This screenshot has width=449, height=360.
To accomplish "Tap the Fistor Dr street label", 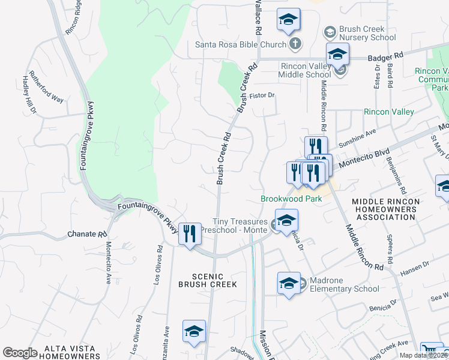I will point(262,95).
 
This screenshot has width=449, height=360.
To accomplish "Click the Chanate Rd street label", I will point(87,233).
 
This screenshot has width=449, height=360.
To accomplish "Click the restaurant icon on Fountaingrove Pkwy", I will point(190,233).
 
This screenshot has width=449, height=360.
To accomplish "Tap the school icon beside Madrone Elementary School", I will point(289,283).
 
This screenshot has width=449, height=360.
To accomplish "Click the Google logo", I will point(20,353).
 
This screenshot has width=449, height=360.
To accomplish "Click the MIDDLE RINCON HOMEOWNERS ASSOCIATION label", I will point(384,209).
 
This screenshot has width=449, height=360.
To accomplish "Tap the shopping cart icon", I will point(429,350).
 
